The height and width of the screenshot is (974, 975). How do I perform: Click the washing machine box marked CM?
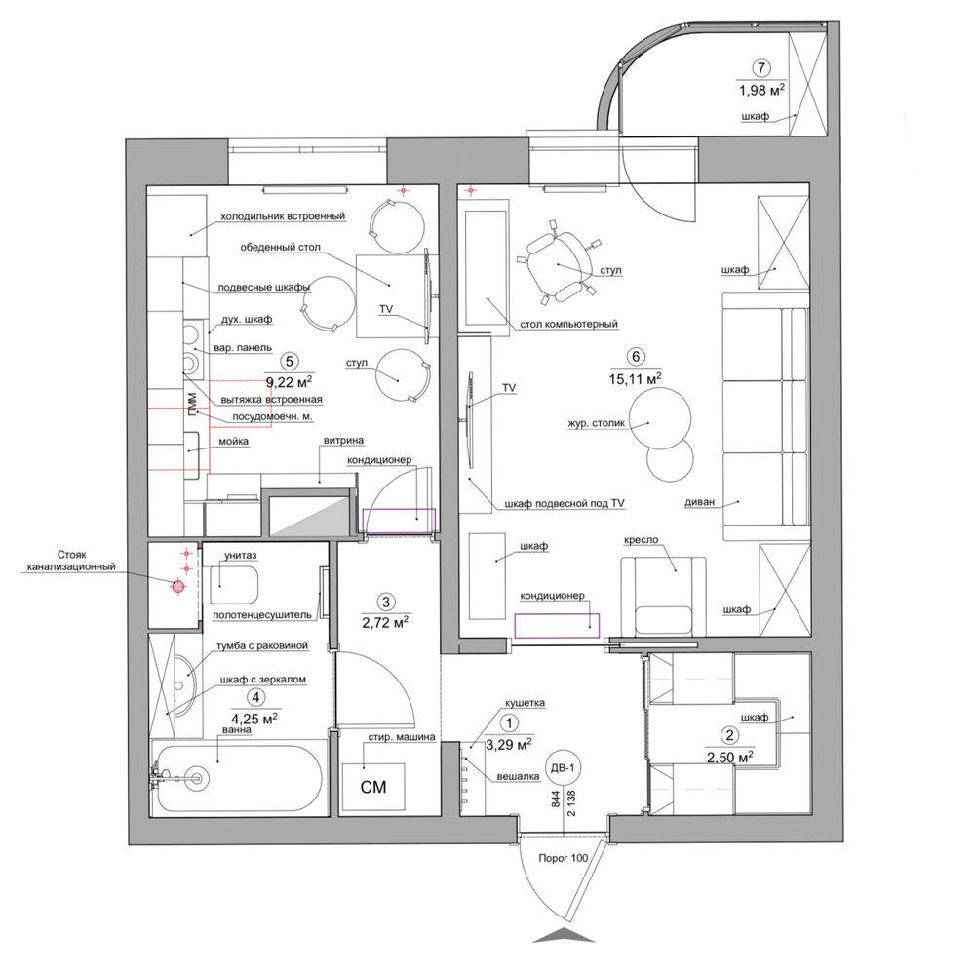click(373, 786)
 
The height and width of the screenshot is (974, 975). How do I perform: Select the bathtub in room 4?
click(240, 777)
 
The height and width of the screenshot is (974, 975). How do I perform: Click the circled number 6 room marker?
click(635, 357)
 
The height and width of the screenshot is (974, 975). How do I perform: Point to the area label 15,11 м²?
click(635, 378)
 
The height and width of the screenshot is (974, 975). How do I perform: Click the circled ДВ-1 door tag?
click(564, 768)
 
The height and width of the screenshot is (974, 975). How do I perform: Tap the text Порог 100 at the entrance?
click(563, 858)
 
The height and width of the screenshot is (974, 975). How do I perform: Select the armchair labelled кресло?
click(663, 596)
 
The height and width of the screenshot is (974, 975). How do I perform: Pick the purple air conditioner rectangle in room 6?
click(557, 625)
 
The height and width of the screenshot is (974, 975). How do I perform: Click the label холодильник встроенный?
click(283, 216)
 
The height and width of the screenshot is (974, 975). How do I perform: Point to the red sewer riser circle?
click(178, 585)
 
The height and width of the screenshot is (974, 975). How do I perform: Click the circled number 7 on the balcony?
click(761, 68)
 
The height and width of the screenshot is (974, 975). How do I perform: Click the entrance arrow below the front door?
click(564, 935)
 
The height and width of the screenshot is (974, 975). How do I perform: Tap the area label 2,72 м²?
click(385, 621)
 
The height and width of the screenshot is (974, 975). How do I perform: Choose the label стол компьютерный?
click(569, 324)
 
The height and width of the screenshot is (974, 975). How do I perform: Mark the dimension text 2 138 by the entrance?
click(570, 803)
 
